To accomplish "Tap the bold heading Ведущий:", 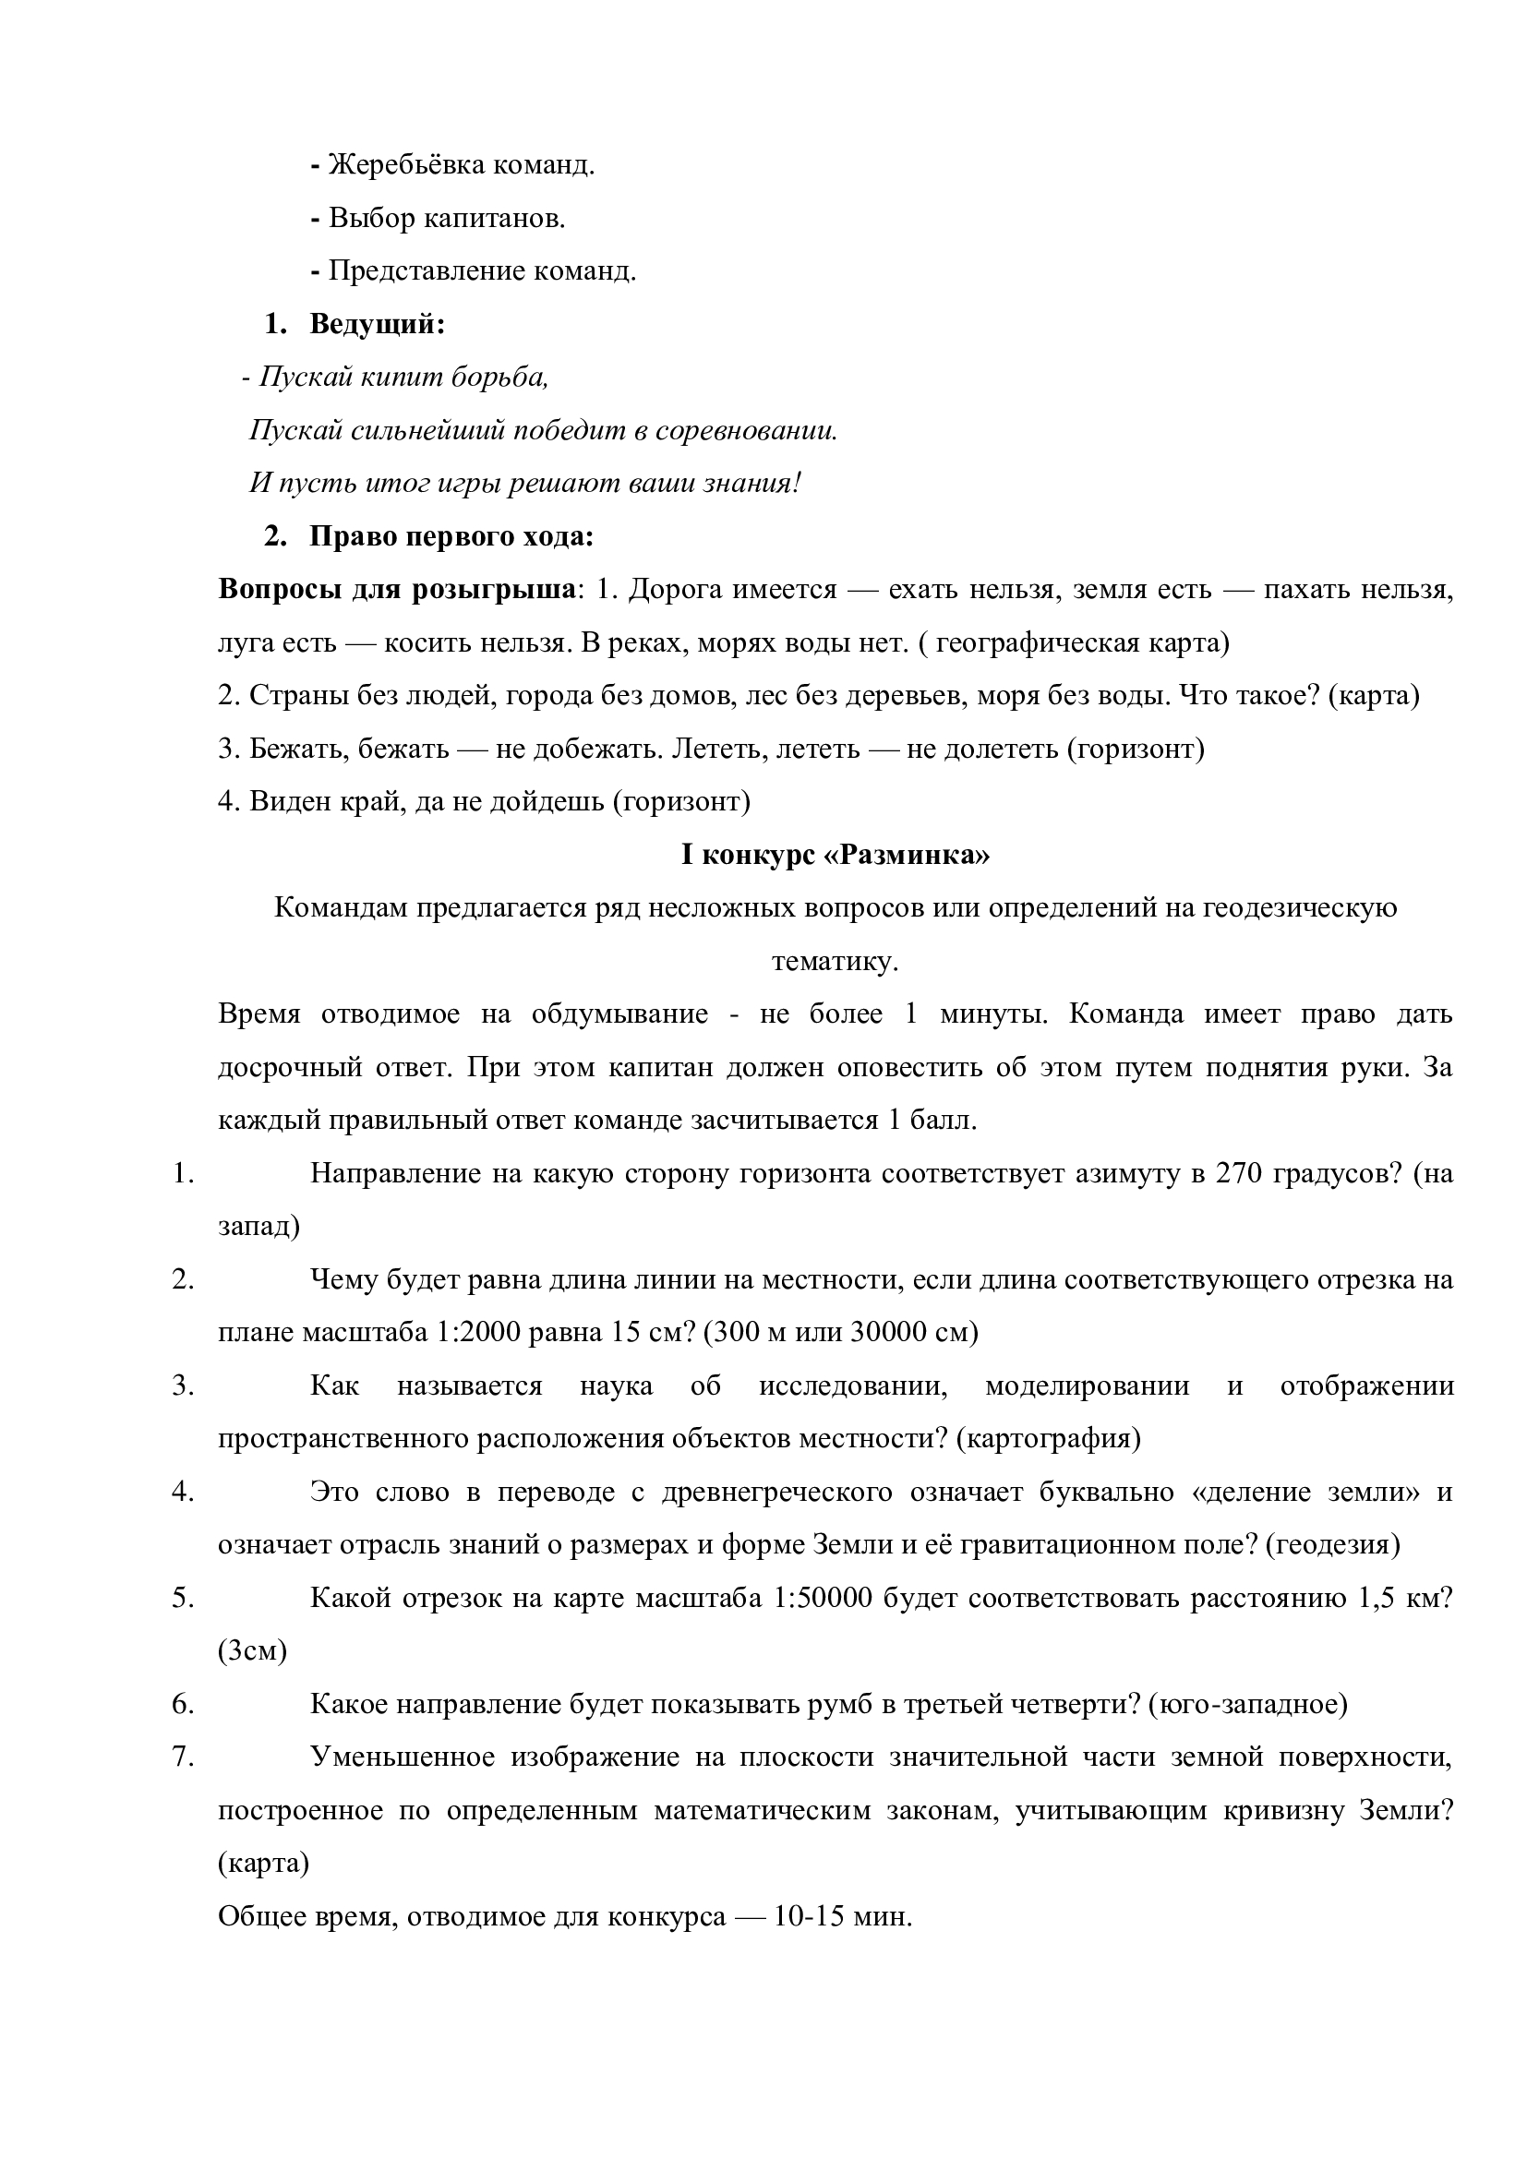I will (377, 324).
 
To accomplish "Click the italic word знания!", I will (752, 484).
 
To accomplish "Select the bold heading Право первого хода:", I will (451, 537).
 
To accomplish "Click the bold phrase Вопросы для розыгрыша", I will (397, 590).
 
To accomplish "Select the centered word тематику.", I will (835, 962).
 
